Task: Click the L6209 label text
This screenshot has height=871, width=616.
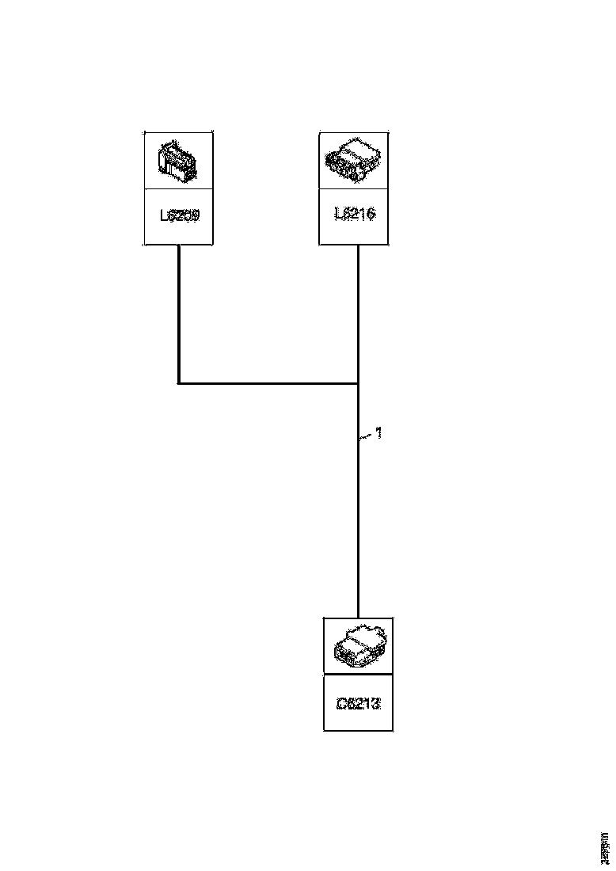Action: click(178, 215)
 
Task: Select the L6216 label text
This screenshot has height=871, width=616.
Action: click(355, 214)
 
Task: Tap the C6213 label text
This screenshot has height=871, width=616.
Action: click(358, 702)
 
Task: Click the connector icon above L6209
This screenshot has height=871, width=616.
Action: click(178, 161)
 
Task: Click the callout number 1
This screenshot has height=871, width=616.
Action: click(378, 433)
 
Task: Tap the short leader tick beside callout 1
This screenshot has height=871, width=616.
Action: click(365, 435)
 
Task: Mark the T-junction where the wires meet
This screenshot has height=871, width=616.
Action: click(358, 383)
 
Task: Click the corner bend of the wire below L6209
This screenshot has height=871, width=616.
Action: click(179, 383)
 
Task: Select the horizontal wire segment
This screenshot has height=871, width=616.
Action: click(269, 383)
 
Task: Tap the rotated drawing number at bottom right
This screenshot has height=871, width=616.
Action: click(604, 848)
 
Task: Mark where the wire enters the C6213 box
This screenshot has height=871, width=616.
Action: click(358, 618)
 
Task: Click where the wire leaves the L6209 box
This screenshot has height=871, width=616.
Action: click(179, 246)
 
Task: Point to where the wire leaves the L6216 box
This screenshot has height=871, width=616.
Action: click(358, 246)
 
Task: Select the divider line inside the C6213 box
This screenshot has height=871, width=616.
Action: click(358, 675)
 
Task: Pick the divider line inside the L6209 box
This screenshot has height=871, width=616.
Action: click(178, 188)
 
